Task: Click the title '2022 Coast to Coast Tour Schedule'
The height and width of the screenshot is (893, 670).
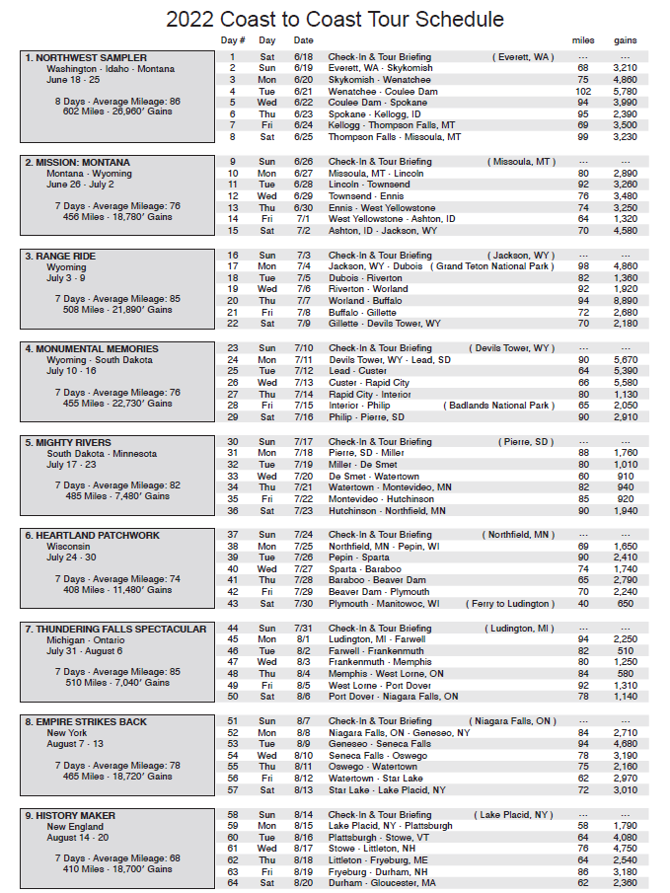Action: [x=335, y=20]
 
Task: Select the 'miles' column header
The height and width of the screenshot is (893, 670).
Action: [x=583, y=40]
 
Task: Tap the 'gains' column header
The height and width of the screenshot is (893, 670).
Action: [x=625, y=40]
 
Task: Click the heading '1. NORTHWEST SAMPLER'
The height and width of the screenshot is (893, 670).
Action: [x=86, y=58]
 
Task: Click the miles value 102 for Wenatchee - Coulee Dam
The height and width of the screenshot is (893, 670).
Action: [x=583, y=92]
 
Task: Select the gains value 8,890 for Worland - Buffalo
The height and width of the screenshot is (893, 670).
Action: [x=625, y=300]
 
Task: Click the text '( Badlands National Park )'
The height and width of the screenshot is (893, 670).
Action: [x=498, y=406]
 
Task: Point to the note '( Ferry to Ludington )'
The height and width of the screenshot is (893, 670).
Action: [x=511, y=604]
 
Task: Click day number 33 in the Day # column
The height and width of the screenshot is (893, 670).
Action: [x=233, y=476]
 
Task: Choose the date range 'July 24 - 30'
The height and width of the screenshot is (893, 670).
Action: [x=75, y=558]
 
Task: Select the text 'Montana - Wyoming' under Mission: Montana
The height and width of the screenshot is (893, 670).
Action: [x=85, y=174]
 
